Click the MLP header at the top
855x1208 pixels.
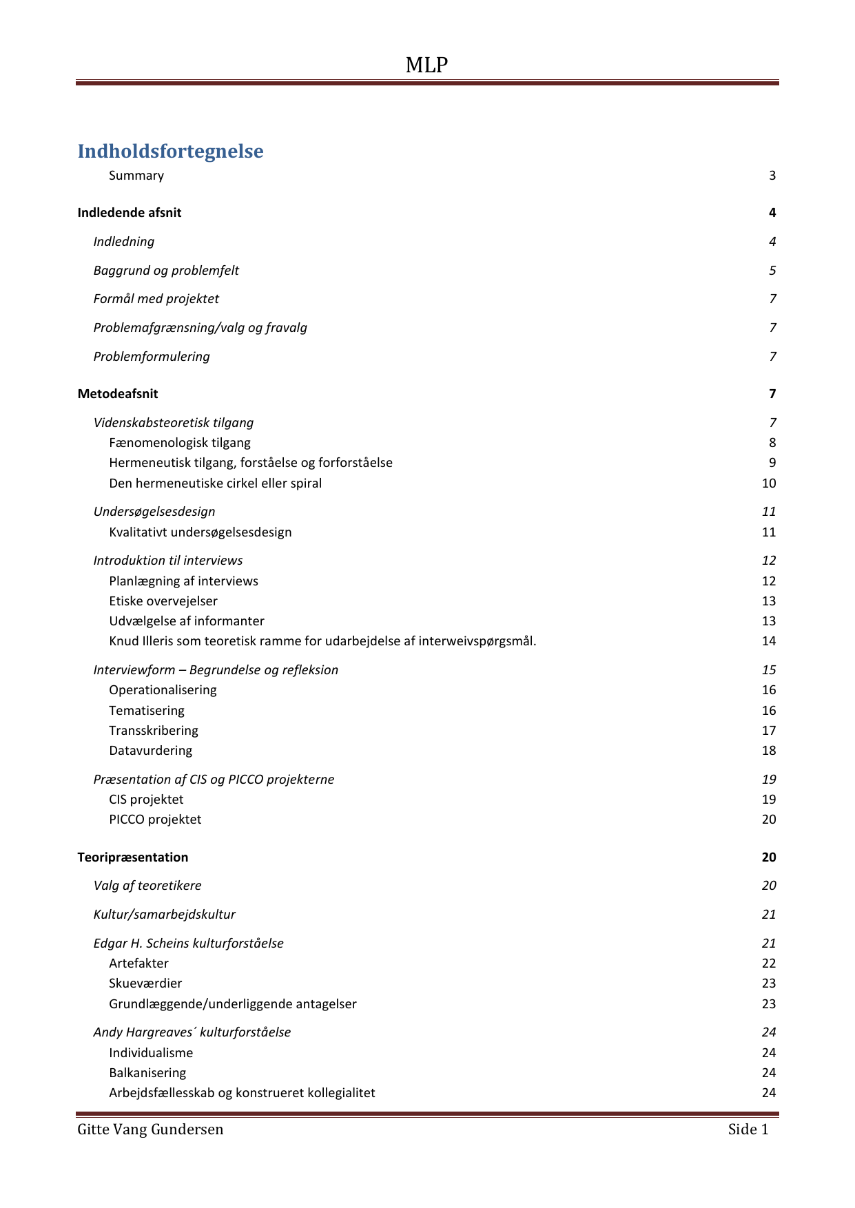tap(426, 65)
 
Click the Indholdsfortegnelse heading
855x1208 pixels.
tap(170, 151)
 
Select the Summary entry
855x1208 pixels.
tap(136, 176)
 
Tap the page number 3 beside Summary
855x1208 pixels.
tap(772, 176)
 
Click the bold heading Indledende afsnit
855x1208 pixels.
tap(130, 213)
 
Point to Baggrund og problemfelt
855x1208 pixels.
tap(166, 271)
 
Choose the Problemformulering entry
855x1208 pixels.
tap(152, 357)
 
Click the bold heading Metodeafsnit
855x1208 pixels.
tap(118, 394)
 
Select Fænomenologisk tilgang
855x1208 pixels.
tap(180, 443)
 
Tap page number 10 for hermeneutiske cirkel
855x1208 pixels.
tap(769, 483)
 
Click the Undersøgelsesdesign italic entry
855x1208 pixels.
tap(154, 512)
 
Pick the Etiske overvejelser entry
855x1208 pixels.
tap(163, 601)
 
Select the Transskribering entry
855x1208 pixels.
tap(154, 731)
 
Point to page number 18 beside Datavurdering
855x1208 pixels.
tap(769, 751)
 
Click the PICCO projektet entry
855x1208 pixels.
tap(155, 820)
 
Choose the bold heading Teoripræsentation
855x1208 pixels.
tap(133, 857)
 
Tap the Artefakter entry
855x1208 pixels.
tap(138, 964)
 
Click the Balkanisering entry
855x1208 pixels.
tap(147, 1073)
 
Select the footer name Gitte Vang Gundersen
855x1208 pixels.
tap(150, 1129)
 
